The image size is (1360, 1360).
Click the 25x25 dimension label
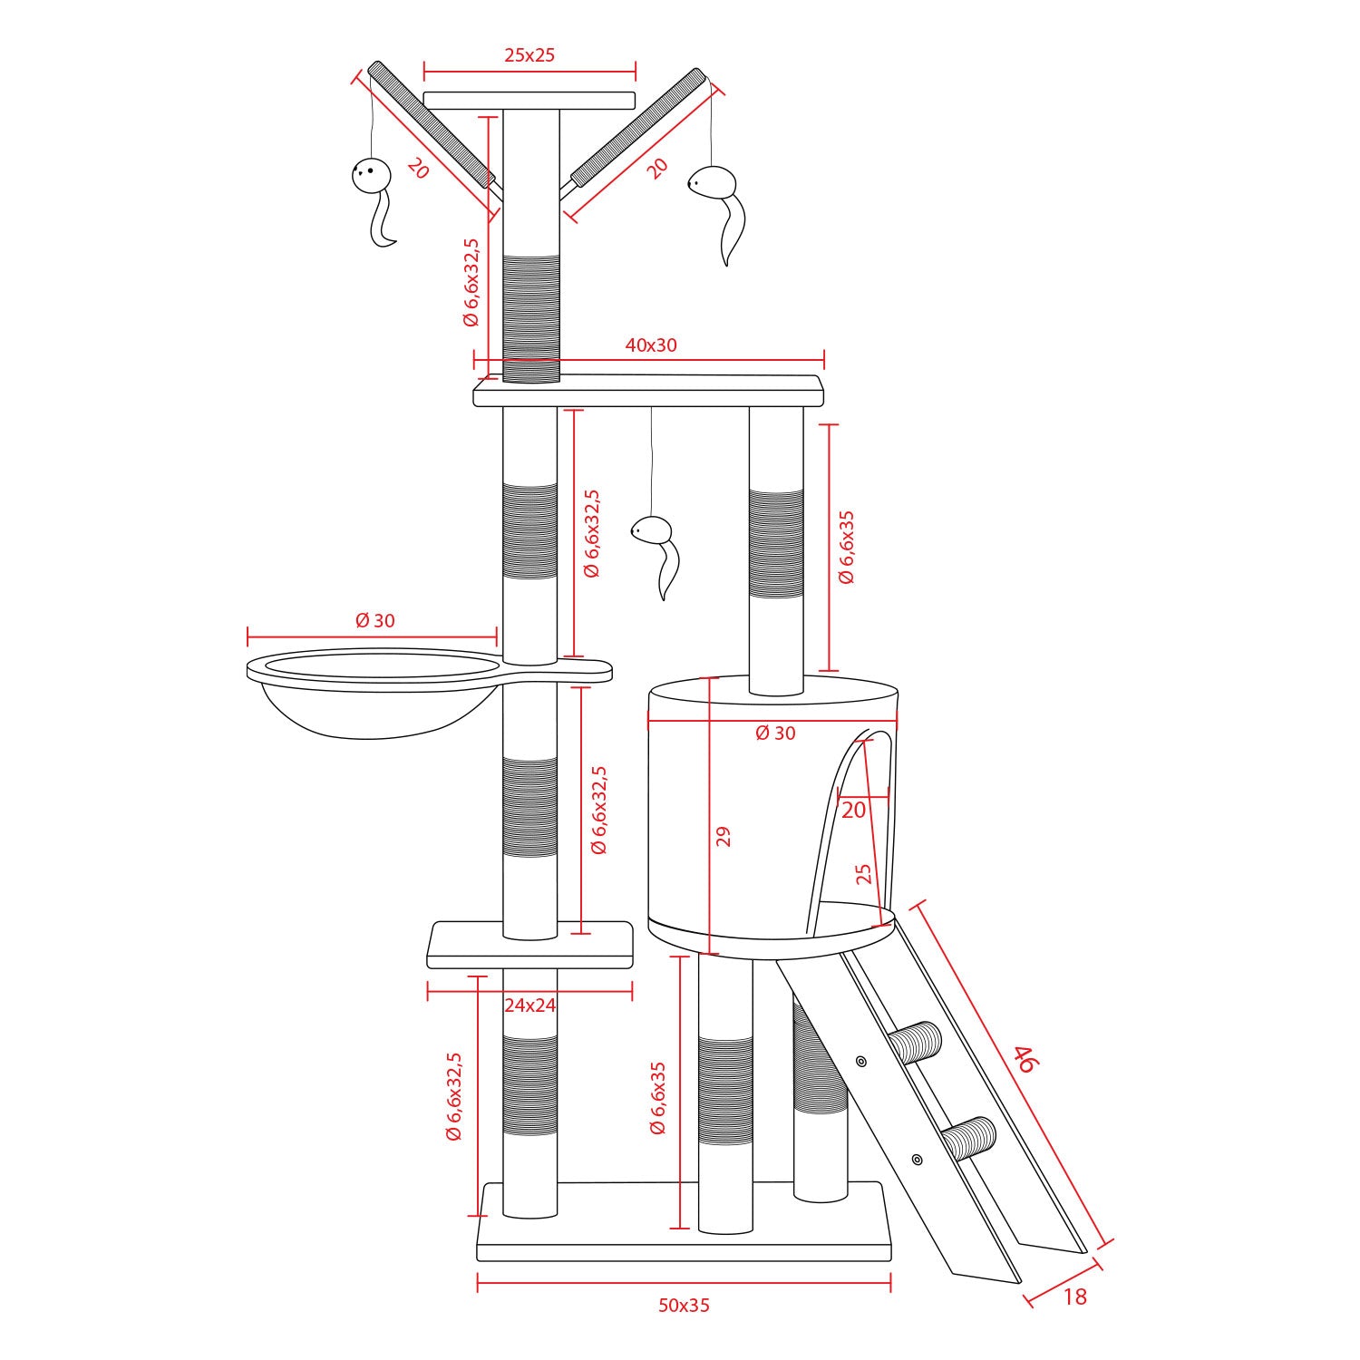[529, 54]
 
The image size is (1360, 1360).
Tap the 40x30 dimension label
[651, 345]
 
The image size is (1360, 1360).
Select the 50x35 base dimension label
[684, 1306]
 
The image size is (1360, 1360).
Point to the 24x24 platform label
[529, 1005]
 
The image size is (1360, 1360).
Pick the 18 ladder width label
[1074, 1297]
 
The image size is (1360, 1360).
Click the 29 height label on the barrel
[723, 836]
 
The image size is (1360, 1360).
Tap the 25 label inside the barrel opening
[863, 873]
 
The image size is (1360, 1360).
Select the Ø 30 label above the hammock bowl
[375, 621]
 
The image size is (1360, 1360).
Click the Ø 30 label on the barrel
[775, 733]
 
